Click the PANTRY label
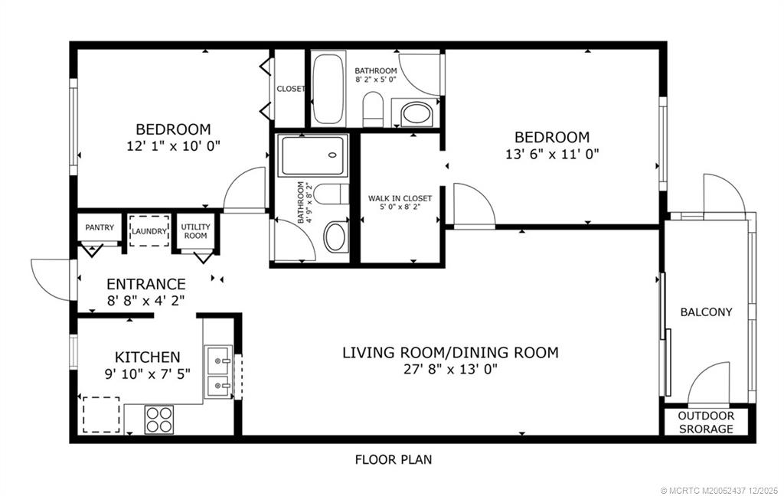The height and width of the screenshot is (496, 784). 100,227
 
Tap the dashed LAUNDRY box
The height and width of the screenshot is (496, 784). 149,230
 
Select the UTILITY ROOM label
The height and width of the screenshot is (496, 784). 195,230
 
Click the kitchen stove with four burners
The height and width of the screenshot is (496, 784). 159,419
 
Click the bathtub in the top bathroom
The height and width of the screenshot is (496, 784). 328,89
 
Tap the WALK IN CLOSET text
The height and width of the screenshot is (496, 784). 400,202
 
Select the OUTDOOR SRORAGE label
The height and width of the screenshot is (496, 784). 707,423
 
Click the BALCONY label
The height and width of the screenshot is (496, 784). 706,312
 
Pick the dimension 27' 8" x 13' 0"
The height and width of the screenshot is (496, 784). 449,369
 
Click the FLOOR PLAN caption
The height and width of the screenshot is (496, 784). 394,460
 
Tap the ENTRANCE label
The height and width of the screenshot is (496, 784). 145,284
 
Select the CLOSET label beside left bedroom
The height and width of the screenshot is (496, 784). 290,89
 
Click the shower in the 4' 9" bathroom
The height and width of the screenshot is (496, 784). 312,156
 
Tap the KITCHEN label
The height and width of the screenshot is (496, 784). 147,357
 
